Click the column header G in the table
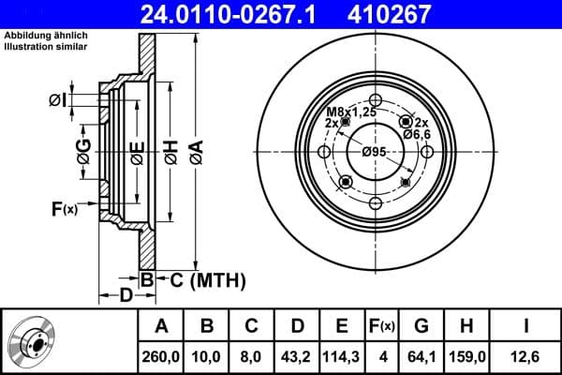[x=421, y=326]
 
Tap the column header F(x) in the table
[x=381, y=326]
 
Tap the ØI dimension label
[x=57, y=100]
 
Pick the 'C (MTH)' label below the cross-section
[x=207, y=278]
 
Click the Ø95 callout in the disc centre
[x=375, y=153]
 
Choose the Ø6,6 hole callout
[x=415, y=135]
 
